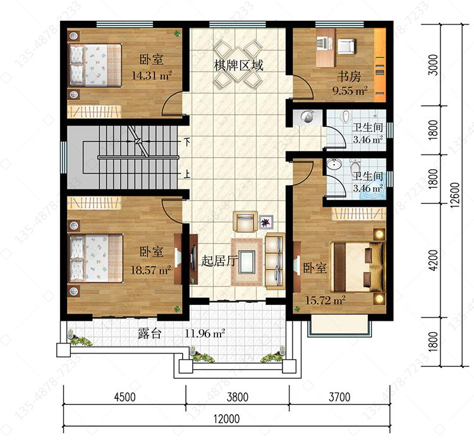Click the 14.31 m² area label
[152, 75]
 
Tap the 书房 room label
[349, 77]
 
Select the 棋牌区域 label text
[238, 65]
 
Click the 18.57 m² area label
[150, 270]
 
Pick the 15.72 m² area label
[325, 300]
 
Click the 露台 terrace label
[150, 333]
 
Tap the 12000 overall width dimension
[227, 419]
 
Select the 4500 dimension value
[125, 397]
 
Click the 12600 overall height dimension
[454, 195]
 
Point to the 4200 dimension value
[433, 260]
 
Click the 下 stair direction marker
[188, 142]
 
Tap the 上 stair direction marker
[187, 174]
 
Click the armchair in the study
[346, 46]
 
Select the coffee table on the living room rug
[247, 262]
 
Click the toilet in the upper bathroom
[346, 117]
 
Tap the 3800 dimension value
[238, 397]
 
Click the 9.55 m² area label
[350, 91]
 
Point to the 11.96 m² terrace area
[205, 333]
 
